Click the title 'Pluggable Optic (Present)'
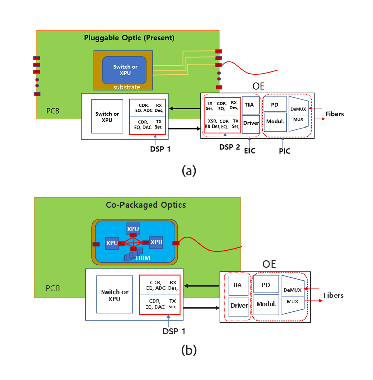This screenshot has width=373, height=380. tap(129, 37)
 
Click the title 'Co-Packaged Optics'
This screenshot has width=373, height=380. tap(139, 205)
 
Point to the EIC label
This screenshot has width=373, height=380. tap(250, 151)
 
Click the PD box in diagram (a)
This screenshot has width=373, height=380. tap(275, 104)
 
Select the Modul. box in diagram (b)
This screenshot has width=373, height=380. tap(266, 304)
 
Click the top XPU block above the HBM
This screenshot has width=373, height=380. tap(133, 229)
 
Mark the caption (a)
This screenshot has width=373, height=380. tap(189, 170)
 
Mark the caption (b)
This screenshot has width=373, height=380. tap(189, 350)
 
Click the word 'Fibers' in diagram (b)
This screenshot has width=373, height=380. tap(333, 295)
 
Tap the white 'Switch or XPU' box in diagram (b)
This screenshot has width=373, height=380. tap(114, 295)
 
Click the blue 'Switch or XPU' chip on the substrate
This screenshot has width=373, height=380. tap(125, 69)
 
